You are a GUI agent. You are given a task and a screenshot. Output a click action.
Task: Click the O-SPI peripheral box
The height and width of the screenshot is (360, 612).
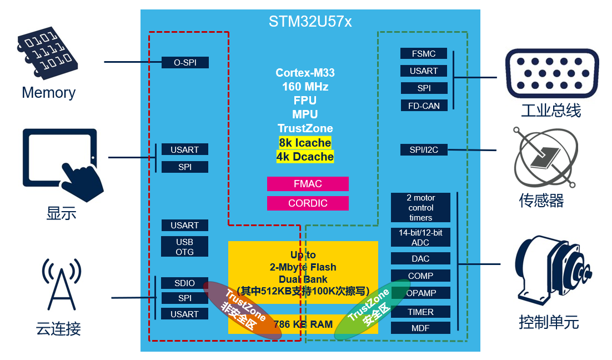(185, 62)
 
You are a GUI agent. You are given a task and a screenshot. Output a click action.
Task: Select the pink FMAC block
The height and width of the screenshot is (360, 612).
(308, 184)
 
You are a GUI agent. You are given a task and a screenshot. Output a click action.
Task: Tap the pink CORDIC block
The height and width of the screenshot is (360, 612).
(308, 203)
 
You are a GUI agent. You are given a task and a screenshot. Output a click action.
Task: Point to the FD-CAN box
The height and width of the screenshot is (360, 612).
(424, 106)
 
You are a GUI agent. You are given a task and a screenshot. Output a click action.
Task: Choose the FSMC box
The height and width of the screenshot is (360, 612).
(424, 53)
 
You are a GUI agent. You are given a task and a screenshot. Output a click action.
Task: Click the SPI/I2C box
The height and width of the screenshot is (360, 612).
(424, 149)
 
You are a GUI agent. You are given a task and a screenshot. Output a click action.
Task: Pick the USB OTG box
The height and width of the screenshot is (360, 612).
(184, 246)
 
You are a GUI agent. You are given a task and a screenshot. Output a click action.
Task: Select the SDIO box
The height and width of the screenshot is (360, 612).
(184, 283)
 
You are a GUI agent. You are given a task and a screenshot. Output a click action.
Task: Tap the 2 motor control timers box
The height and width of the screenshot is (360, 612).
(421, 207)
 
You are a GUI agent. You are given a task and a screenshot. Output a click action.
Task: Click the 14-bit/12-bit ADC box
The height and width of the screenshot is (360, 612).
(421, 237)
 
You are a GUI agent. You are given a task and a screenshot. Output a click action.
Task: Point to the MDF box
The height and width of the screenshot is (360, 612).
(421, 328)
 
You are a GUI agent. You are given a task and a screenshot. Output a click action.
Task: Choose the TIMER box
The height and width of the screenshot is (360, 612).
(421, 312)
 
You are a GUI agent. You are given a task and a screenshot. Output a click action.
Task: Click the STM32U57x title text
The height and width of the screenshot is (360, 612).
(310, 22)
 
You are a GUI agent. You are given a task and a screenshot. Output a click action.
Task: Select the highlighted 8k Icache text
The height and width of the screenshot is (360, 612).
(305, 143)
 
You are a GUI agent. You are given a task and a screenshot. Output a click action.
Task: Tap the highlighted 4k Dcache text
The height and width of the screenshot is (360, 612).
(305, 157)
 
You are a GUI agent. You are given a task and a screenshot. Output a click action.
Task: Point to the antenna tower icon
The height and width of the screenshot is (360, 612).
(61, 284)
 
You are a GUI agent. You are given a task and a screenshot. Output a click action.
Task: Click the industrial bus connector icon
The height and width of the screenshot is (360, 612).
(552, 73)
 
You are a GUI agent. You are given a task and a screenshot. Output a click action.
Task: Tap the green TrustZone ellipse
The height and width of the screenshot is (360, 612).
(372, 309)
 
